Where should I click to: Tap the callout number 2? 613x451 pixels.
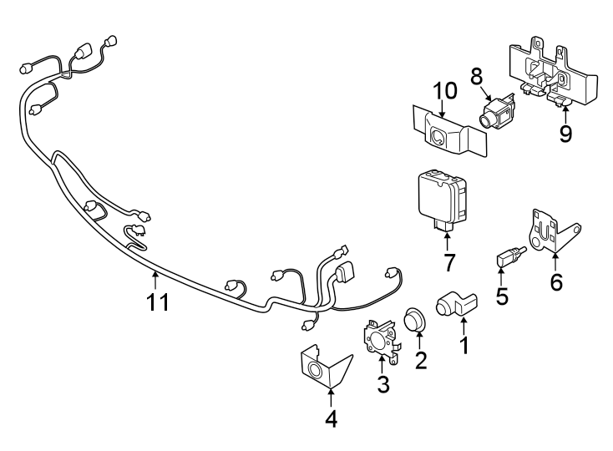pyautogui.click(x=421, y=360)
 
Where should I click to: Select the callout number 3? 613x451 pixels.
pyautogui.click(x=383, y=384)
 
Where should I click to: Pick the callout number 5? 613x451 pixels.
pyautogui.click(x=502, y=296)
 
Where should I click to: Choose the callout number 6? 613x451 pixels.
pyautogui.click(x=555, y=282)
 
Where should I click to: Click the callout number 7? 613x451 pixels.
pyautogui.click(x=448, y=262)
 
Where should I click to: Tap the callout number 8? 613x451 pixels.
pyautogui.click(x=477, y=77)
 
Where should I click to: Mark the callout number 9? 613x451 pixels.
pyautogui.click(x=565, y=134)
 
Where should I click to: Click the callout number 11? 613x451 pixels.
pyautogui.click(x=158, y=302)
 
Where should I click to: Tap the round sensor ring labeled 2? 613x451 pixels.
pyautogui.click(x=414, y=319)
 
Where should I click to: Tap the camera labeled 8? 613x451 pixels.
pyautogui.click(x=496, y=113)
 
